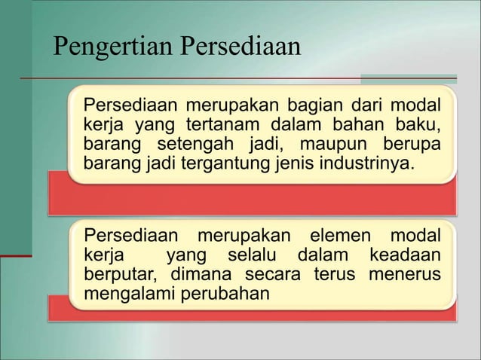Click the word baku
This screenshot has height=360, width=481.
422,124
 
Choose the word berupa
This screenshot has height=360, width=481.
412,143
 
